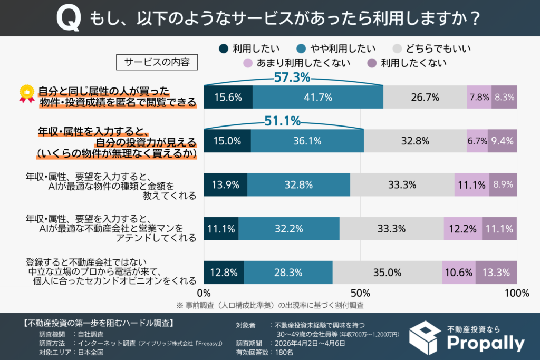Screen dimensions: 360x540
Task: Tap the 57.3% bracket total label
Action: tap(292, 77)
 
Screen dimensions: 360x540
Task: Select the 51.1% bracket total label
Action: tap(283, 121)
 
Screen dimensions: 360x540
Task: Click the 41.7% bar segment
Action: tap(318, 97)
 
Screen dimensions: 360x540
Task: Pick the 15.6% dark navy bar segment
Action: tap(228, 97)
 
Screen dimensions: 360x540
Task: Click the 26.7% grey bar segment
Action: tap(425, 97)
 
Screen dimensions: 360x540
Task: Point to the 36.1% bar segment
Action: tap(307, 141)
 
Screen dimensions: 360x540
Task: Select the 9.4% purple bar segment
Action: tap(502, 141)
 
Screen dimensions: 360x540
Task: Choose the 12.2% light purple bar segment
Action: tap(462, 228)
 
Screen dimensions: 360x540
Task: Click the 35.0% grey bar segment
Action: tap(387, 272)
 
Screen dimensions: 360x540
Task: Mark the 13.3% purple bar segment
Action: tap(496, 272)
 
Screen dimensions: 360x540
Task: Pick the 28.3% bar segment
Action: tap(288, 272)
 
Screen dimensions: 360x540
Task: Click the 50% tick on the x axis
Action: tap(360, 293)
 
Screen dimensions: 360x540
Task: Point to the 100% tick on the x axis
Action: tap(517, 293)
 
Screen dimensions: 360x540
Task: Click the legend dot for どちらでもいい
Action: tap(397, 49)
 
